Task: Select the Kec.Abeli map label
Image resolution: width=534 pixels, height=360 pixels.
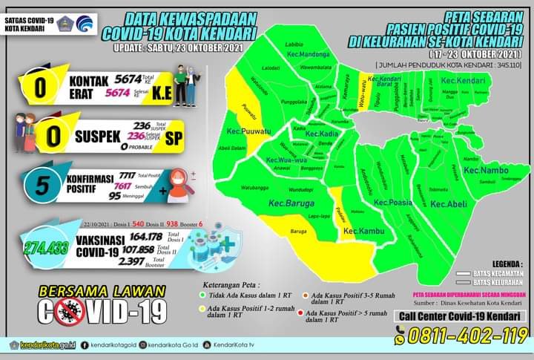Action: click(x=448, y=204)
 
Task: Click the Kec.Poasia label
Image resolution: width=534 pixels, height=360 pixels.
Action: click(x=392, y=202)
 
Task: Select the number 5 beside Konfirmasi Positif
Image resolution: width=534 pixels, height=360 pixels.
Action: click(x=43, y=186)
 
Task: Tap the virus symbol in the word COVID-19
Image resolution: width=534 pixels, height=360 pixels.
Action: click(x=69, y=311)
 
